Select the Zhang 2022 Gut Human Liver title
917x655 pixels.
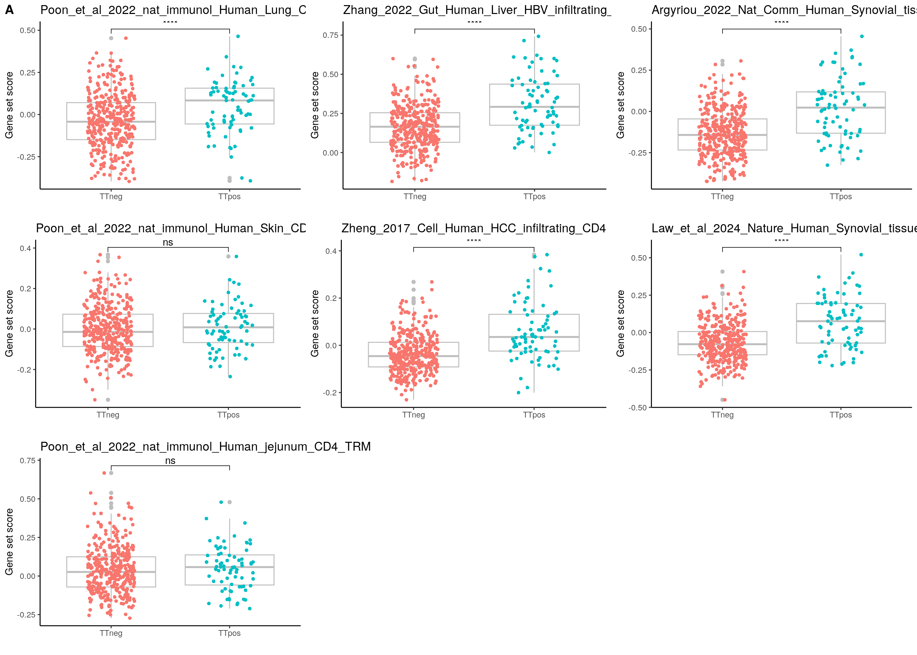477,10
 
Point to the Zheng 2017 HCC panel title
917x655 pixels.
474,228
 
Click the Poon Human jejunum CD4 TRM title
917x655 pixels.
205,447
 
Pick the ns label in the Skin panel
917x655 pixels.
168,243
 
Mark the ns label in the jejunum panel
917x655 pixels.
170,461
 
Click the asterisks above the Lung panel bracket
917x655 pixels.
170,23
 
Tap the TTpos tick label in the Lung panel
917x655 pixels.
230,196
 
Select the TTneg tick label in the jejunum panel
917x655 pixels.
111,633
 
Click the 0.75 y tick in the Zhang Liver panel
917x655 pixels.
330,35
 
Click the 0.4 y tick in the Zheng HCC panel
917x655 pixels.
331,251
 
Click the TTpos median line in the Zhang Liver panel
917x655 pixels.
534,107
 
